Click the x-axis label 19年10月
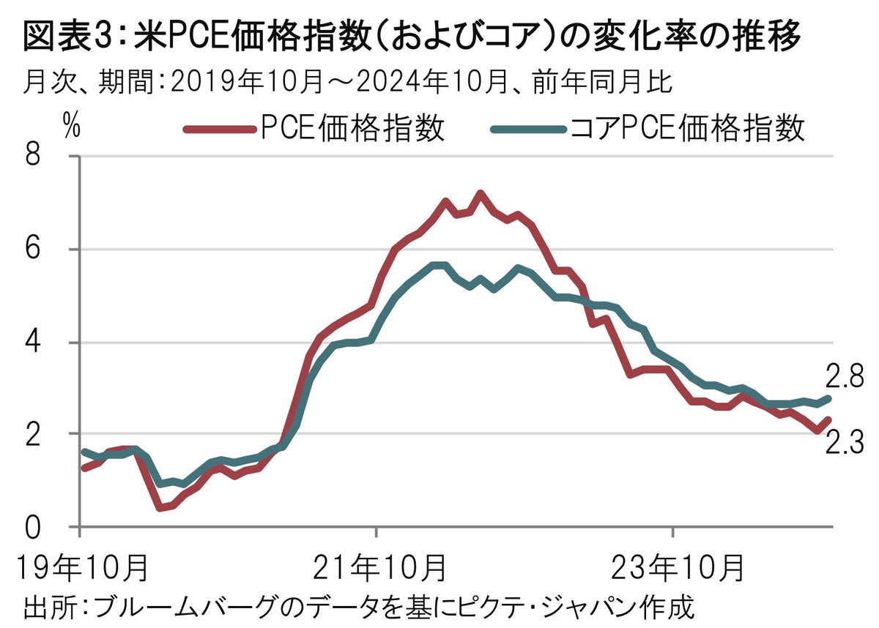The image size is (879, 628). click(x=78, y=567)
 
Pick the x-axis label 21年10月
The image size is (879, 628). click(x=376, y=567)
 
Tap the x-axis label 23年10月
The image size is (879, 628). click(x=672, y=567)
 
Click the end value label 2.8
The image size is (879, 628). click(x=845, y=377)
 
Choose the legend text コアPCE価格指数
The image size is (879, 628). click(x=687, y=129)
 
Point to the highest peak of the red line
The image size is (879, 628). click(x=481, y=194)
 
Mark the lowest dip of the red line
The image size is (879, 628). click(x=160, y=507)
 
